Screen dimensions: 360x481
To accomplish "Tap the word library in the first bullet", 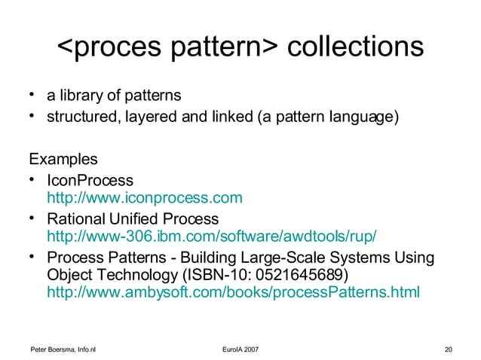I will tap(81, 96).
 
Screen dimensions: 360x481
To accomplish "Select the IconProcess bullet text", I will tap(90, 181).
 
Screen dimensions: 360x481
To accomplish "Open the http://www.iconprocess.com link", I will tap(145, 198).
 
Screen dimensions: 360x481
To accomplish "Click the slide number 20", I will tap(449, 349).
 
